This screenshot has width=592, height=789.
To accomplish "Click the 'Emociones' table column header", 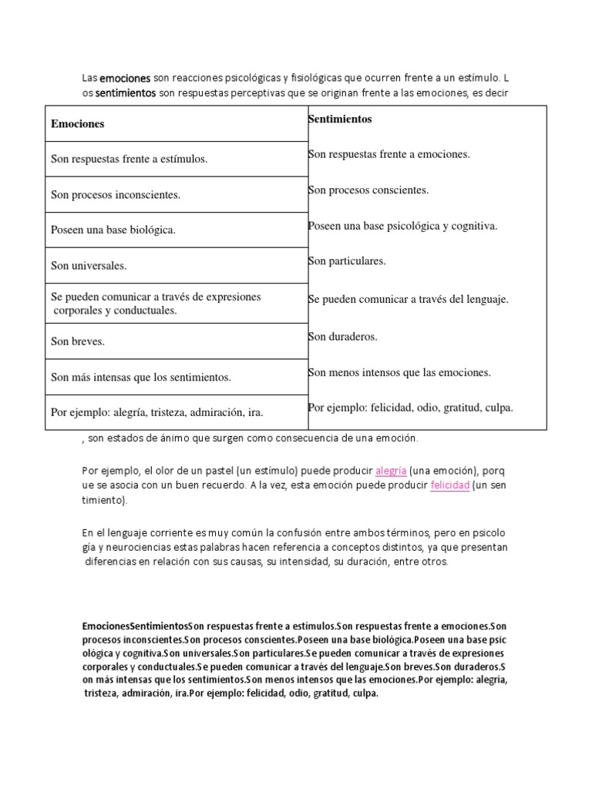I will click(x=78, y=124).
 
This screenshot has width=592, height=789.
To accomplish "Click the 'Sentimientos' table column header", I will click(x=340, y=119).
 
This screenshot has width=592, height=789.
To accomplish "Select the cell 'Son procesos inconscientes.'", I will click(x=116, y=195).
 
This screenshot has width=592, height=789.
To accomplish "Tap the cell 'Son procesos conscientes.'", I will click(x=368, y=190).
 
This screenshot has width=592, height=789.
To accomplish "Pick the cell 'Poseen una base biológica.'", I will click(x=113, y=230).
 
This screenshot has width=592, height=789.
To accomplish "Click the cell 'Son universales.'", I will click(x=89, y=266).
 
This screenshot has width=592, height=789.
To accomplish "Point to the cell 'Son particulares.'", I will click(x=347, y=261).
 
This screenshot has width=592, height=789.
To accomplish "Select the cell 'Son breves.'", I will click(x=78, y=341).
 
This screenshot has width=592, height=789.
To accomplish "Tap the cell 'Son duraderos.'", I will click(x=342, y=337).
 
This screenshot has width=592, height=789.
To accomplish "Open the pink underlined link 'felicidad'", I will click(x=450, y=486).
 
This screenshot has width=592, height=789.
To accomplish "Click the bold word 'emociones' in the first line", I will click(x=126, y=79).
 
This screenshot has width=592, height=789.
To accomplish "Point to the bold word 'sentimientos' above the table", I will click(x=126, y=94).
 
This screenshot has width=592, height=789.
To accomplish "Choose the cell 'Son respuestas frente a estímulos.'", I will click(x=129, y=159).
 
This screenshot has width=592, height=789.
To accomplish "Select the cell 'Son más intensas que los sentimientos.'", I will click(x=141, y=378).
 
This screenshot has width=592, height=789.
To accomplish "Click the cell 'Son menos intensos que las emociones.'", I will click(x=399, y=373).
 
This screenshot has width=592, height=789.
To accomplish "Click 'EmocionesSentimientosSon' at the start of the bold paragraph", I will click(x=135, y=627).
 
